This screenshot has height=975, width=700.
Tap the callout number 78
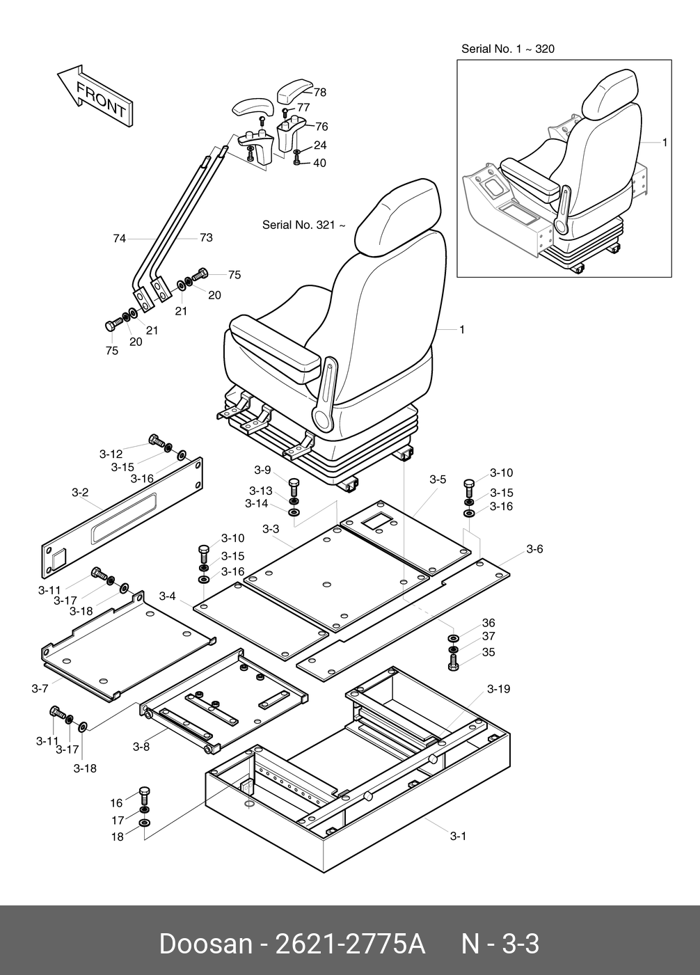click(320, 93)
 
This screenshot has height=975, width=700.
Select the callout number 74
click(120, 239)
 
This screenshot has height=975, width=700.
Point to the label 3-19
click(498, 689)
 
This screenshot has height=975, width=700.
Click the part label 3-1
click(457, 836)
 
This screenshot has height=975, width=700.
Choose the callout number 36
click(488, 623)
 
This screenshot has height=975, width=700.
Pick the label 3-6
click(534, 549)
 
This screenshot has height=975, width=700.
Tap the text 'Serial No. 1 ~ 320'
click(508, 49)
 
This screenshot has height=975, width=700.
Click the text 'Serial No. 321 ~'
click(303, 225)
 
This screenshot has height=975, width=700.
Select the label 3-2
click(80, 493)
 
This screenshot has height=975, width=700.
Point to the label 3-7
click(40, 688)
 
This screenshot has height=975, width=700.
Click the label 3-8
click(141, 747)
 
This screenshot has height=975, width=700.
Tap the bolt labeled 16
click(144, 794)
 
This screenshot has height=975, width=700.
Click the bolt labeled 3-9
click(293, 485)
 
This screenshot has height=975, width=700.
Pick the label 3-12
click(111, 454)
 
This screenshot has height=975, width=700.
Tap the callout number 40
click(319, 164)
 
